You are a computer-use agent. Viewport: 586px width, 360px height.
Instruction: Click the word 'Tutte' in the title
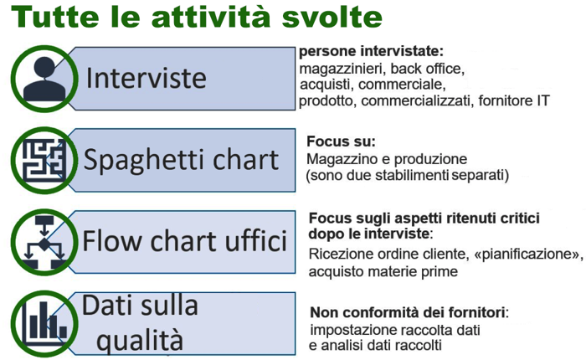click(x=55, y=17)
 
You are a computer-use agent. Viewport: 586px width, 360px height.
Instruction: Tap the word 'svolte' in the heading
click(x=332, y=17)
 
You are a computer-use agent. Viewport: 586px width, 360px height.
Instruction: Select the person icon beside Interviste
click(x=44, y=79)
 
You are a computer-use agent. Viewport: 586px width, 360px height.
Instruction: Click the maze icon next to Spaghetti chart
click(x=44, y=161)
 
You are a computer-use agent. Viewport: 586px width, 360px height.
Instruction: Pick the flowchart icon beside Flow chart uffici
click(x=44, y=242)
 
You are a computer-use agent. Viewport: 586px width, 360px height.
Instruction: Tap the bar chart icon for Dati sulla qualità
click(x=44, y=324)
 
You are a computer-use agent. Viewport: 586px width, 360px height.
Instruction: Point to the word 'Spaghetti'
click(x=145, y=161)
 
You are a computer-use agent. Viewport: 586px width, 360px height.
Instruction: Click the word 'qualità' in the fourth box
click(x=140, y=339)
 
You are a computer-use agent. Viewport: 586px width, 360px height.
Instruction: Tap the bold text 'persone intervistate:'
click(x=371, y=51)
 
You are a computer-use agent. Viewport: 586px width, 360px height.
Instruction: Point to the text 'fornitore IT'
click(x=514, y=100)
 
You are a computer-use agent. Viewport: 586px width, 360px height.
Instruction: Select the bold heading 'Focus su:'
click(x=341, y=141)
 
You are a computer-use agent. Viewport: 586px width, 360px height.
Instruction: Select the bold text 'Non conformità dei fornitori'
click(x=408, y=312)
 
